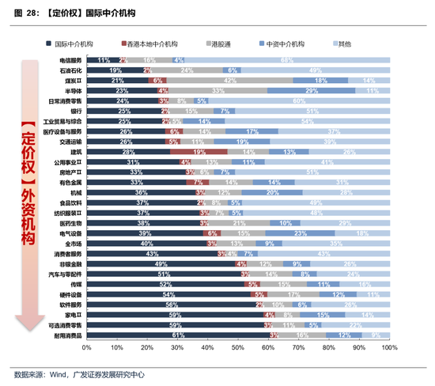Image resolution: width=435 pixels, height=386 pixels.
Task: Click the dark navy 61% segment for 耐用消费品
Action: coord(178,335)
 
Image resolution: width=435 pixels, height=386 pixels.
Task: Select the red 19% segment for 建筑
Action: coord(199,152)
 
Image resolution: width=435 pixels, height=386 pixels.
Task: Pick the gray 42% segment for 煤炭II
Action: coord(229,81)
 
